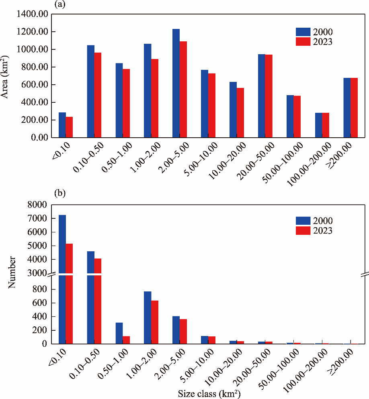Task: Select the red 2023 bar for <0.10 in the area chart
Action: click(x=69, y=127)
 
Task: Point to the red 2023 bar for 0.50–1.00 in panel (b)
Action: click(x=126, y=340)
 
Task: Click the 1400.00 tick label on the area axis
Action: click(x=33, y=14)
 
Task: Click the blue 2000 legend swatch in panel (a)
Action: click(x=303, y=32)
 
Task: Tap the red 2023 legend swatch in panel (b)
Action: click(x=303, y=230)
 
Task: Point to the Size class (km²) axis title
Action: click(x=209, y=393)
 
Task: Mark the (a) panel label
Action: click(x=59, y=4)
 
